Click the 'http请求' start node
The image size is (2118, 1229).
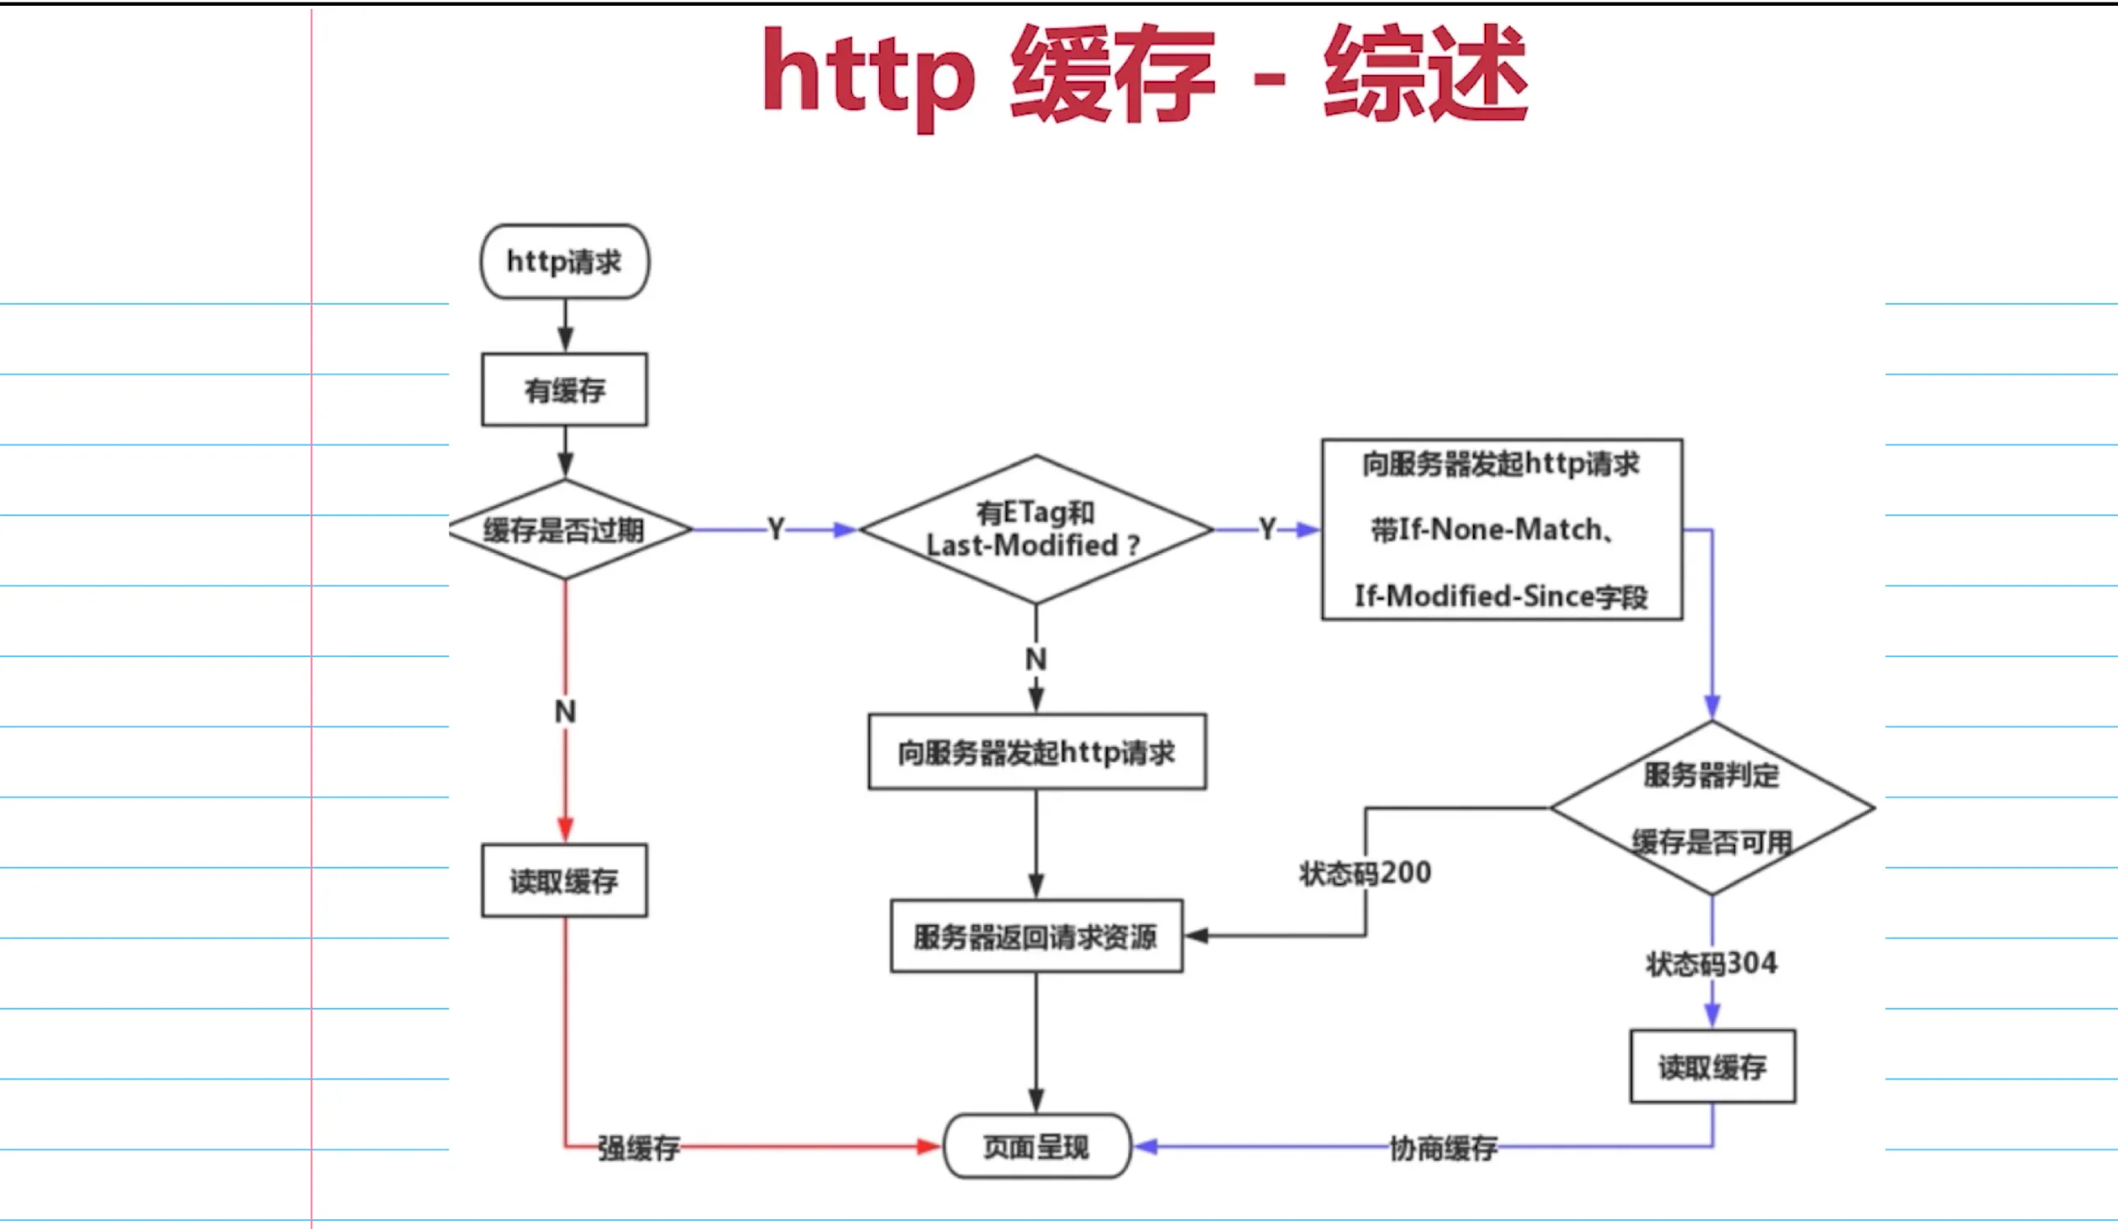click(564, 261)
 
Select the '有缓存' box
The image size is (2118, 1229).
click(564, 390)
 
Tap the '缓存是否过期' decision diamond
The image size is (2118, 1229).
click(564, 530)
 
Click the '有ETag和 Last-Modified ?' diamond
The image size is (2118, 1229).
click(1035, 530)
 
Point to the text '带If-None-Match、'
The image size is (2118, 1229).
click(1492, 530)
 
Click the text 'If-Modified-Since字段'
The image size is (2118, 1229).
click(1501, 597)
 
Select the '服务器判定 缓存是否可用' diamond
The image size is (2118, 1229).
click(1712, 808)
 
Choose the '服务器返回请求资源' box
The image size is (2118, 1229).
click(1036, 937)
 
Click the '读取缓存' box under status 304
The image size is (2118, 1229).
click(1713, 1067)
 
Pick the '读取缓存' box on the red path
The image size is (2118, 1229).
click(564, 881)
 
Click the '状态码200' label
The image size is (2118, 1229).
click(1365, 873)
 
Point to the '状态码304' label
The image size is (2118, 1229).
click(1712, 964)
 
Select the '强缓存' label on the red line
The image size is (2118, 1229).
click(638, 1148)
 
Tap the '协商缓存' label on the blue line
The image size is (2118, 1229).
click(1443, 1148)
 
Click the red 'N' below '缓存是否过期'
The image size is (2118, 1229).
click(565, 712)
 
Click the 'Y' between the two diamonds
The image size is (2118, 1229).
click(776, 530)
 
